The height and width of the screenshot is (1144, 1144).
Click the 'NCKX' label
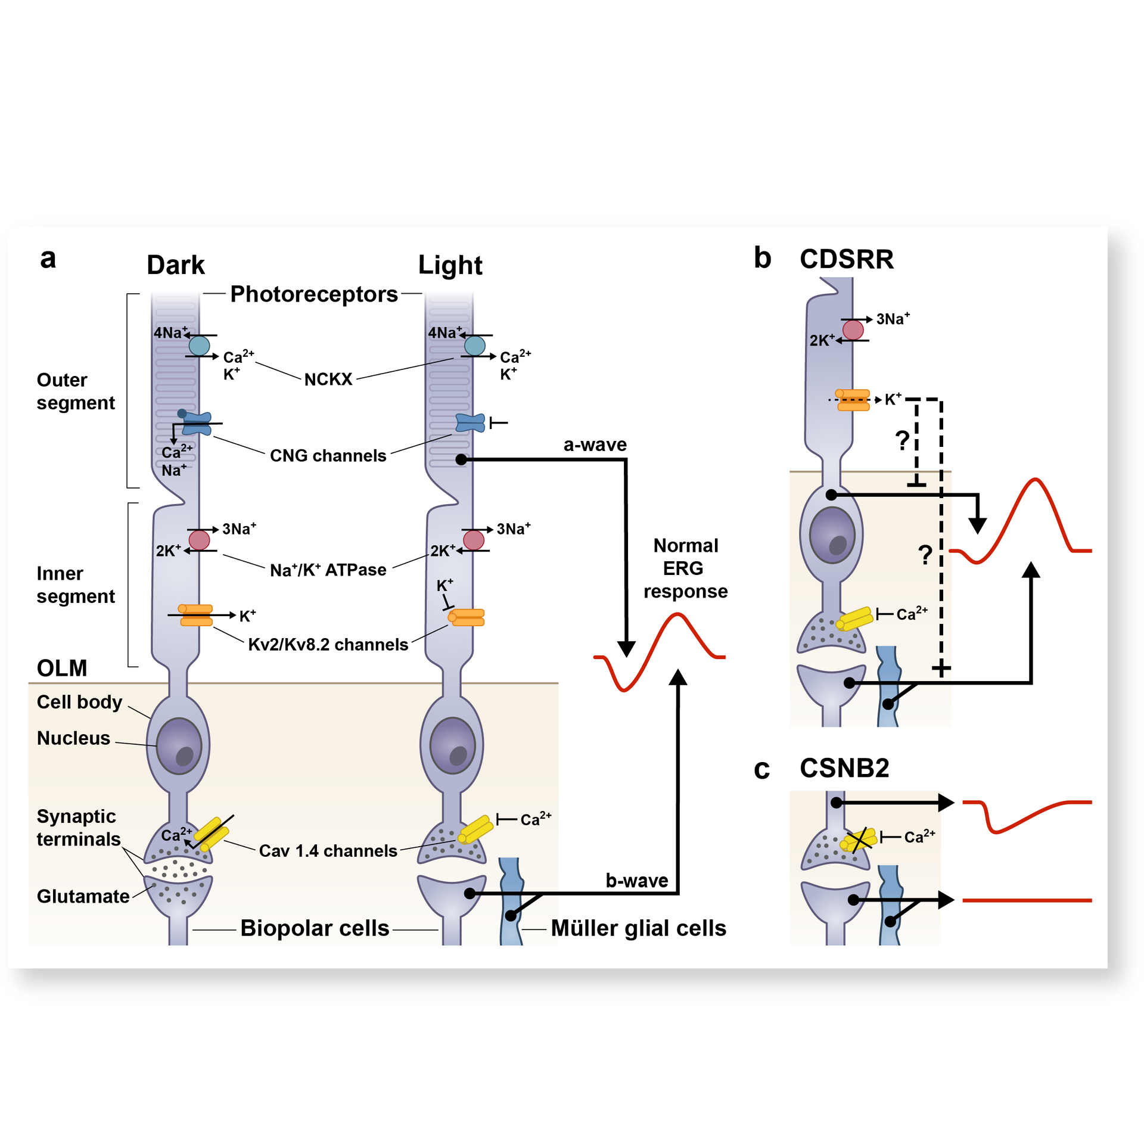(328, 380)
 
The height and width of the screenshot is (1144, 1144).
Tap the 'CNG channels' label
(328, 456)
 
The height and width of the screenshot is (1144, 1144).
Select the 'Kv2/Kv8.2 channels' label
(328, 645)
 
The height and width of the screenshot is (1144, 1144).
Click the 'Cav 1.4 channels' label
(328, 851)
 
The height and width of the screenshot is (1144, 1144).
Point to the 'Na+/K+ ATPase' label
(328, 570)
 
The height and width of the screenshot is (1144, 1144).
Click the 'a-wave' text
(595, 444)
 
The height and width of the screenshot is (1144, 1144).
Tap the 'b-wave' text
(636, 881)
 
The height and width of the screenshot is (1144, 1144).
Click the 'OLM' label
(62, 668)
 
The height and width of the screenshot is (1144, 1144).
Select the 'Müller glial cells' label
(638, 928)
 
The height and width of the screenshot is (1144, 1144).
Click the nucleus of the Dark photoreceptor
(179, 746)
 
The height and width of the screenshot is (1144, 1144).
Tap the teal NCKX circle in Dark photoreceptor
(199, 346)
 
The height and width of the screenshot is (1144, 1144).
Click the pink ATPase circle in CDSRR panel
(853, 329)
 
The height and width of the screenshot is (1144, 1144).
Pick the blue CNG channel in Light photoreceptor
(470, 423)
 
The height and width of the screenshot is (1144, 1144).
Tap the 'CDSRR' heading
(846, 259)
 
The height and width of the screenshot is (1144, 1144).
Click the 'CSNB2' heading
(844, 768)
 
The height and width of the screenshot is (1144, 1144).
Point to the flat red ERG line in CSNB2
(1027, 900)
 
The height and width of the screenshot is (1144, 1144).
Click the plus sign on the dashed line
(941, 669)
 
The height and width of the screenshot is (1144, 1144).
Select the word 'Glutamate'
(83, 896)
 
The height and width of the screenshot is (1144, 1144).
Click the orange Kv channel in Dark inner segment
(195, 615)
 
